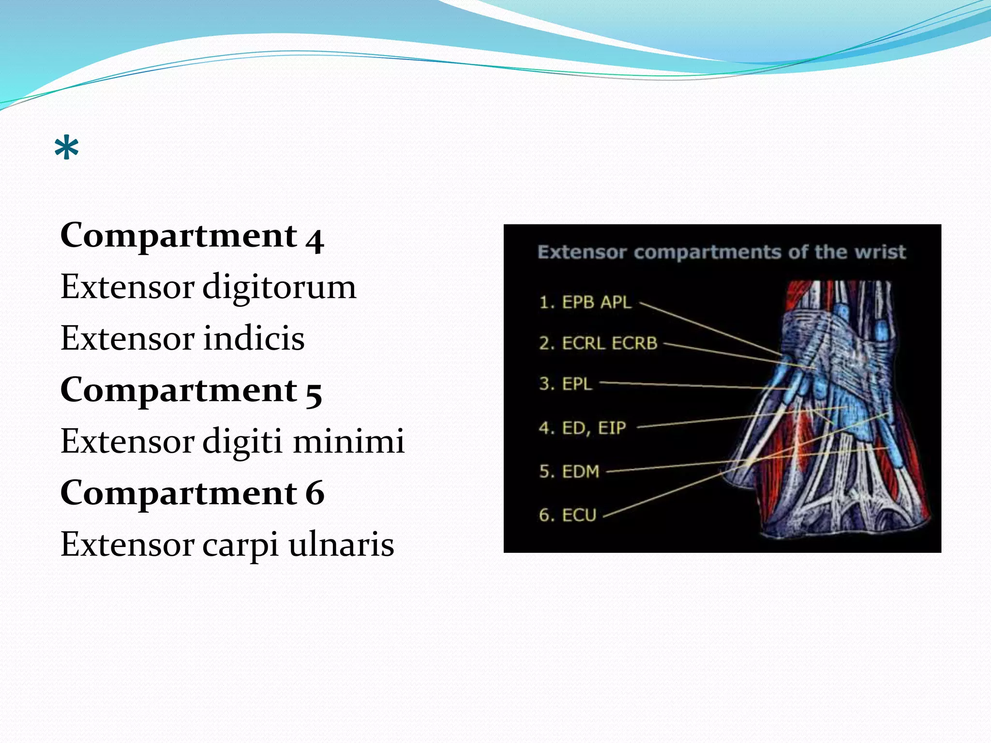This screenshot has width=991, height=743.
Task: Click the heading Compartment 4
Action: coord(192,236)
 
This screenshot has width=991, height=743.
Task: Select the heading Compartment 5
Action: coord(191,390)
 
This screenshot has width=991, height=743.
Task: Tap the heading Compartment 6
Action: coord(192,493)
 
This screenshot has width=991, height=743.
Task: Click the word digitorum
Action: coord(279,287)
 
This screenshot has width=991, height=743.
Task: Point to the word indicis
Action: coord(254,338)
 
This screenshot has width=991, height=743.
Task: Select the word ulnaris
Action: coord(341,545)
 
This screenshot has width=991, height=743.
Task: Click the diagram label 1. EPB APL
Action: coord(585,302)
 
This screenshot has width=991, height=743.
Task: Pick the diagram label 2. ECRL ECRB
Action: coord(598,343)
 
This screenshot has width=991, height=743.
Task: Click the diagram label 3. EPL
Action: coord(565,384)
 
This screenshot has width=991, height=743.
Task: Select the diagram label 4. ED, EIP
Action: coord(582,428)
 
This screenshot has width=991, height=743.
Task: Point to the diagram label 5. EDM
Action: coord(569,471)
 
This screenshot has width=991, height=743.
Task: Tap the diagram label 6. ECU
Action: coord(568,515)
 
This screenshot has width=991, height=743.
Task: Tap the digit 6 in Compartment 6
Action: coord(315,493)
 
